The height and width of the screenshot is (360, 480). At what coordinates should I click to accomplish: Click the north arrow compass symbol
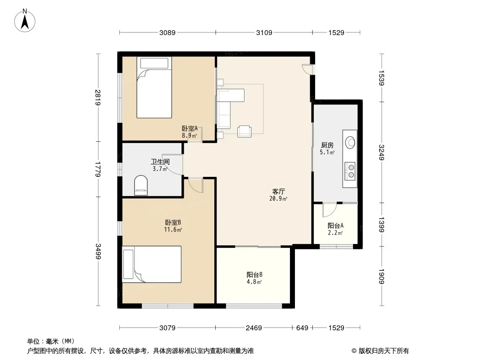click(25, 20)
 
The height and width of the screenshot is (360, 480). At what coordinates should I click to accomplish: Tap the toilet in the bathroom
click(141, 185)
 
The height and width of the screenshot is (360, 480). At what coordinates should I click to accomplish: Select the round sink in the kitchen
click(350, 142)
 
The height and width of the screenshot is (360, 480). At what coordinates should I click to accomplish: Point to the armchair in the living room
click(245, 131)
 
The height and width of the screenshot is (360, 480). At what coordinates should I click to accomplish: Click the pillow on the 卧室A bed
click(154, 63)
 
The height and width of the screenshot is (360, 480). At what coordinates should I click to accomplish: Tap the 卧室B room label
click(173, 222)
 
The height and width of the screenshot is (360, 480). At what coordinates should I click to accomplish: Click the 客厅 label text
click(279, 191)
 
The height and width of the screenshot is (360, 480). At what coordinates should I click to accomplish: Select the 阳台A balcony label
click(335, 226)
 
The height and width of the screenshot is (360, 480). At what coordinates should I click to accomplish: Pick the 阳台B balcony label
click(254, 274)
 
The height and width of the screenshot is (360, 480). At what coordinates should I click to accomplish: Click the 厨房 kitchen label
click(327, 145)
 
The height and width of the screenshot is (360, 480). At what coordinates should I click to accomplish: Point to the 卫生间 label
click(160, 162)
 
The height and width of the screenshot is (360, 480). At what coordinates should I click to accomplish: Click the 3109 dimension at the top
click(264, 32)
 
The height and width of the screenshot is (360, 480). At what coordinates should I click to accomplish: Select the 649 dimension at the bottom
click(302, 328)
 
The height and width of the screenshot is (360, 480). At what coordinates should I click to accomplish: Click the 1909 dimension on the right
click(381, 276)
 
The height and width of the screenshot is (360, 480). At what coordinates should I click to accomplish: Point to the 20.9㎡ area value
click(278, 199)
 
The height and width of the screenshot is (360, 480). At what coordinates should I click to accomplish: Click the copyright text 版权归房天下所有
click(383, 351)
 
